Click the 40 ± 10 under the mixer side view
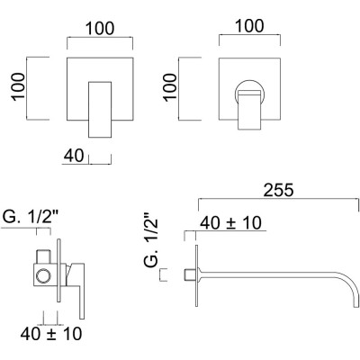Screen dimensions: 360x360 tap(52, 334)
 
